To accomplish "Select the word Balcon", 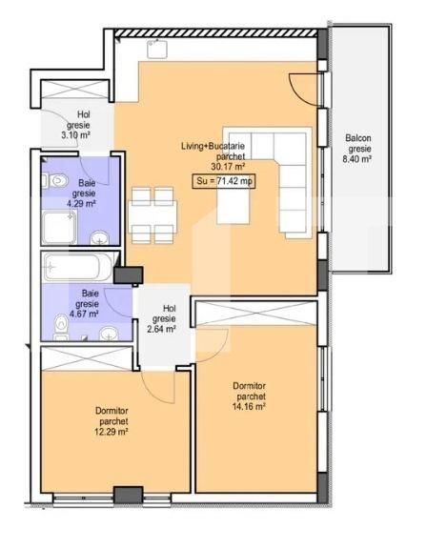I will click(x=358, y=137).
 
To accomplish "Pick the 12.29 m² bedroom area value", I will click(x=112, y=432).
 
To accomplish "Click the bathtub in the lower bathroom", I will click(x=76, y=266).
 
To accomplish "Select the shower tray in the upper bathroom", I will click(x=61, y=228).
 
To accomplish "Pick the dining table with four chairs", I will click(x=152, y=214).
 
